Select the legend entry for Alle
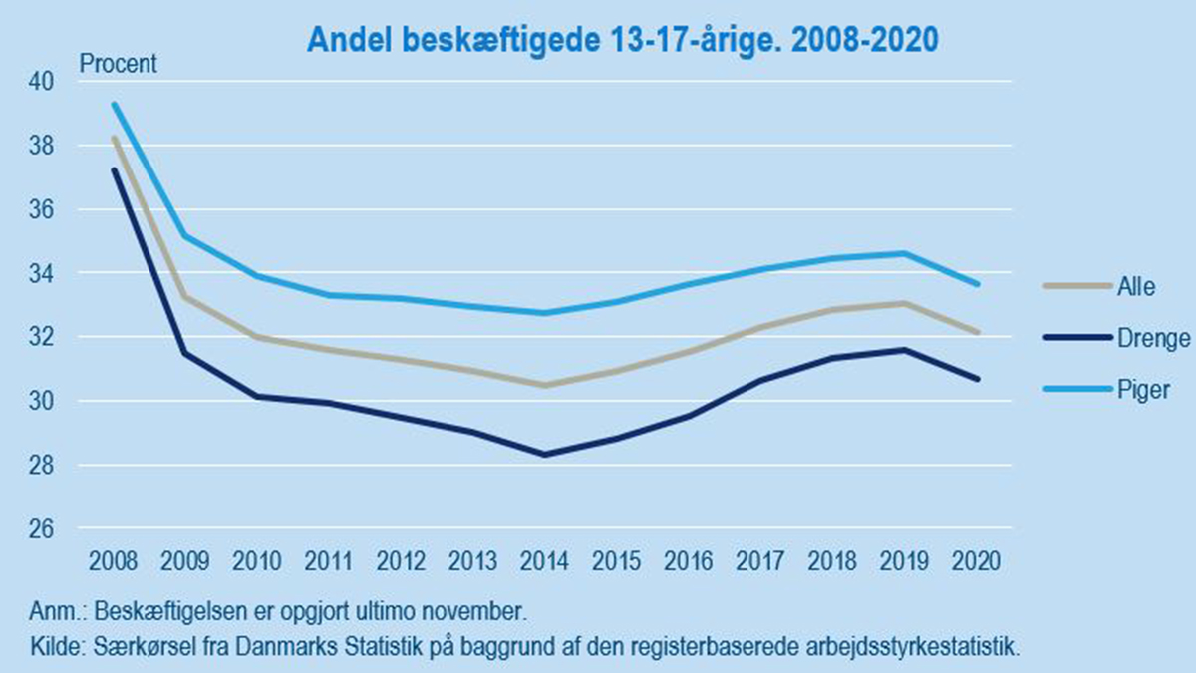pos(1135,287)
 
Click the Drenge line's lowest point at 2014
pos(545,455)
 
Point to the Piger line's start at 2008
pos(114,104)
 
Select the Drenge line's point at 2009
pos(185,353)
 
